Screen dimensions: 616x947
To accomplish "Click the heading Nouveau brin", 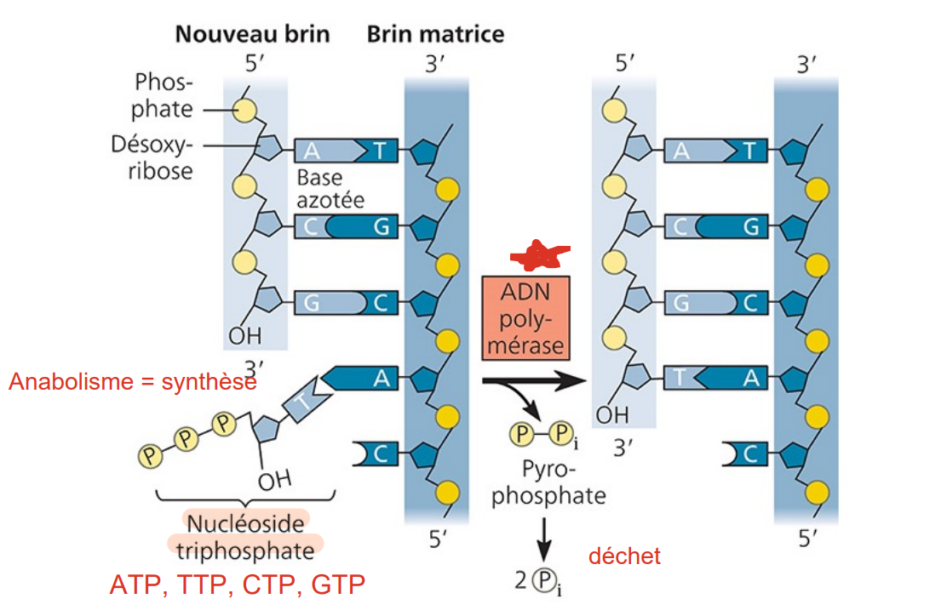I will click(x=252, y=35).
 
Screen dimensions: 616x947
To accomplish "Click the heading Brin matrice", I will click(x=435, y=35).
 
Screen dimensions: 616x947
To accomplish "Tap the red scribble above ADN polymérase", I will click(x=536, y=253).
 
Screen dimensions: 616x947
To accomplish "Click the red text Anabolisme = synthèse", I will click(x=133, y=383).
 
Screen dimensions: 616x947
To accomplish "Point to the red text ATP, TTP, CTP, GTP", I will click(x=238, y=585).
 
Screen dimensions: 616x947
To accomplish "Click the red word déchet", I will click(x=624, y=556).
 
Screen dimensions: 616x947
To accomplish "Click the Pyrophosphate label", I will click(x=548, y=483).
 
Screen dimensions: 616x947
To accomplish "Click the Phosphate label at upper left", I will click(x=164, y=96).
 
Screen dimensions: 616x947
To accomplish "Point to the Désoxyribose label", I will click(x=152, y=157).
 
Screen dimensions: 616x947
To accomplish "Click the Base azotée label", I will click(x=330, y=190).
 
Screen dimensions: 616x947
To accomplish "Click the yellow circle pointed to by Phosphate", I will click(x=244, y=110).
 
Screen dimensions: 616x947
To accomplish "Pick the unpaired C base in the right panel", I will click(x=743, y=454).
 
